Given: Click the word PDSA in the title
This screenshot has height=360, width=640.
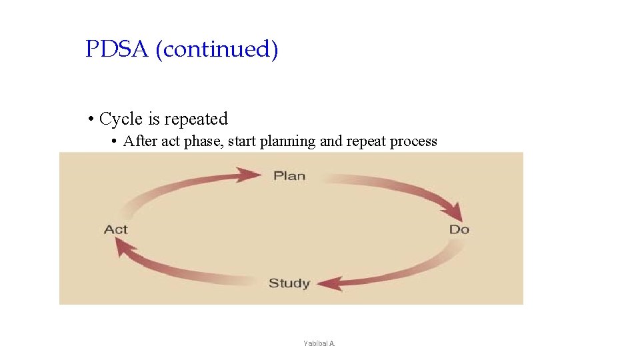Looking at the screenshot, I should pyautogui.click(x=117, y=49).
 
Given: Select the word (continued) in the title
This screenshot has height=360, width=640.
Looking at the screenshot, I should pyautogui.click(x=217, y=50).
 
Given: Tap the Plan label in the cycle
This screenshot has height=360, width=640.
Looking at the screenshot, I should pyautogui.click(x=289, y=176).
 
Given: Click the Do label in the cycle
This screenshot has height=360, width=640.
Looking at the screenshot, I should pyautogui.click(x=459, y=229).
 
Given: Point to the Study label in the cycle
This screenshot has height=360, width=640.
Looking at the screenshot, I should pyautogui.click(x=289, y=283).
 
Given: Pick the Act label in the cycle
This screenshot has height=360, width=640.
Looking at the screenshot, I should pyautogui.click(x=115, y=229).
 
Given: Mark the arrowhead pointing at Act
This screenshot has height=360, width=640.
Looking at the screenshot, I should pyautogui.click(x=121, y=246).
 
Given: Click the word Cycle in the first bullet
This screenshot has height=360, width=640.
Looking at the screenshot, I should pyautogui.click(x=121, y=119).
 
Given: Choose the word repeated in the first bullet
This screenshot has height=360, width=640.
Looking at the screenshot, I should pyautogui.click(x=196, y=119).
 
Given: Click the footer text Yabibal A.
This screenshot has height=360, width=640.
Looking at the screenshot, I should pyautogui.click(x=319, y=343).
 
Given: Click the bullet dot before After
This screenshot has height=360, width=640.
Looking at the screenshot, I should pyautogui.click(x=115, y=141).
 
